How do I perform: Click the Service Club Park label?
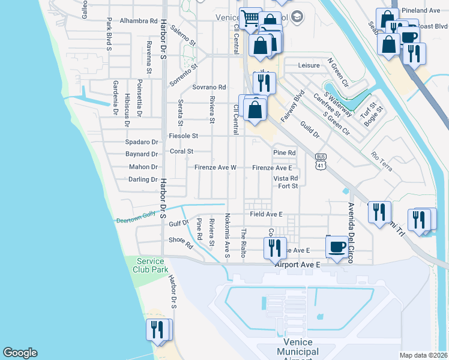tap(151, 265)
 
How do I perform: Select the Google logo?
tap(20, 353)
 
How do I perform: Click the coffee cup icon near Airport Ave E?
tap(337, 247)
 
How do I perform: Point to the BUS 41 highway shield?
tap(321, 160)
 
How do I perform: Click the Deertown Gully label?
tap(135, 217)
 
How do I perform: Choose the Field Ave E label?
tap(262, 214)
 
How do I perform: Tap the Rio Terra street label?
tap(382, 161)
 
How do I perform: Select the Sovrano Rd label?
tap(209, 87)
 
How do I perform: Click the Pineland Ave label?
tap(421, 11)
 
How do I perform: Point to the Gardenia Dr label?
tap(115, 98)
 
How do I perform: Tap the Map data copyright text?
tap(424, 355)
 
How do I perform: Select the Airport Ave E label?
tap(298, 264)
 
